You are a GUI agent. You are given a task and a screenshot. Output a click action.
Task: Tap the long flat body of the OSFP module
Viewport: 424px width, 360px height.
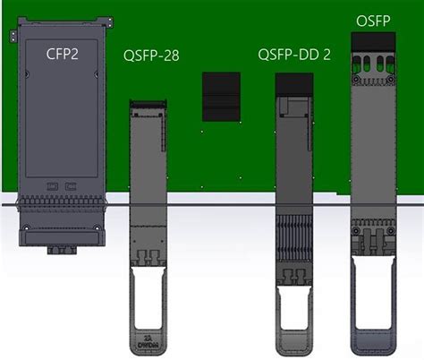(374, 143)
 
